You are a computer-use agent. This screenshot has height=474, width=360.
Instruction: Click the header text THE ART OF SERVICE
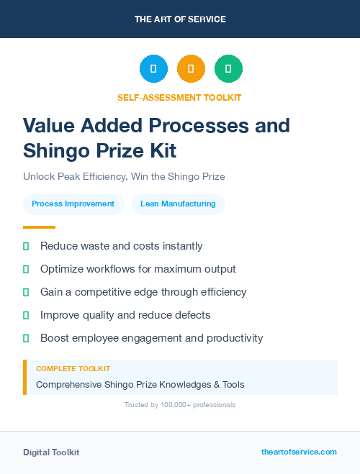pos(180,19)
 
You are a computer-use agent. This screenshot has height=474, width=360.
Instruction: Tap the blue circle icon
pos(153,69)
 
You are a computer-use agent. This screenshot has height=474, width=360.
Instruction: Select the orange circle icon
pos(191,69)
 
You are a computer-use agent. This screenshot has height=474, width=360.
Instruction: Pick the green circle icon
pos(228,69)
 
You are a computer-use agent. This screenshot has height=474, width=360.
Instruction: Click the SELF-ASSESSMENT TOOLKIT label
pos(180,97)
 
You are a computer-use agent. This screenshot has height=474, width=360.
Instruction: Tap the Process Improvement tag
pos(73,204)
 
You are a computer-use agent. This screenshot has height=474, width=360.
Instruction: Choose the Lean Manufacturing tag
pos(178,204)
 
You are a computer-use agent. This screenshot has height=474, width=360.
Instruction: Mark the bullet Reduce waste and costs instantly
pos(121,246)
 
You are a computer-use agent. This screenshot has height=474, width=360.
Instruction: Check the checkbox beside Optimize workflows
pos(27,269)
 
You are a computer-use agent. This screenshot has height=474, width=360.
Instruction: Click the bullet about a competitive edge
pos(143,292)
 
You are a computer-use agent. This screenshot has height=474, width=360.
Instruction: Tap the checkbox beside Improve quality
pos(27,315)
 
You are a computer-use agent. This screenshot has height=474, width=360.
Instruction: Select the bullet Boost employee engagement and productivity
pos(151,338)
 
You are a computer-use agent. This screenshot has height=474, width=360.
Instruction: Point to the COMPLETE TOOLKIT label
pos(73,369)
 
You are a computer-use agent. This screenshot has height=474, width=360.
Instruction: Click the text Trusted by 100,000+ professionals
pos(180,405)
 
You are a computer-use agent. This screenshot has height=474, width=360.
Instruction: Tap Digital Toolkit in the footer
pos(51,452)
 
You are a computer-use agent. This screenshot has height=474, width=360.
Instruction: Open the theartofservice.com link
pos(299,452)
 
